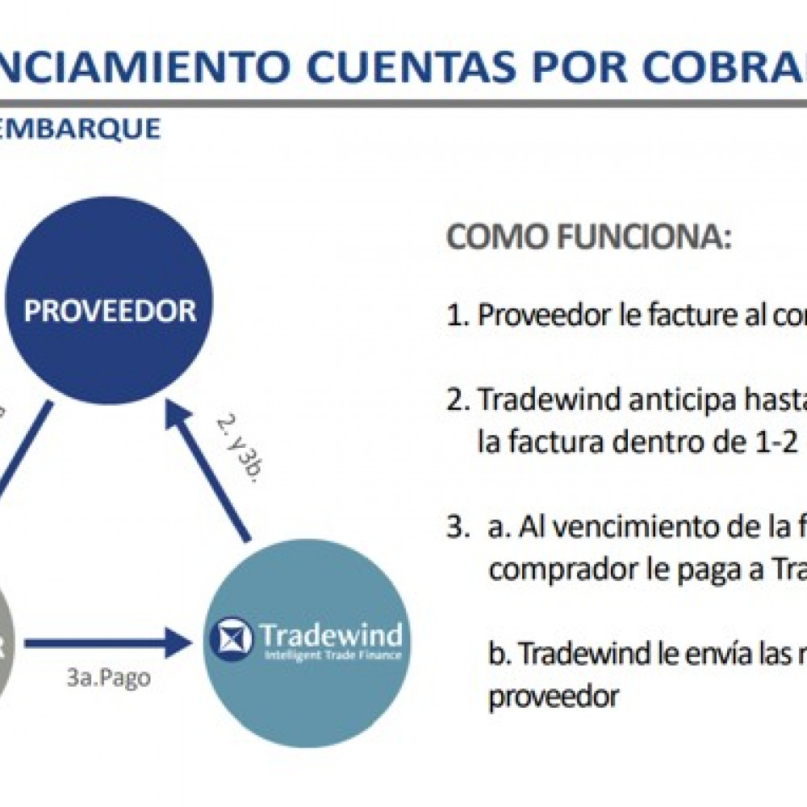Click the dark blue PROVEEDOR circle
click(x=109, y=311)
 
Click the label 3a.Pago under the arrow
click(x=109, y=678)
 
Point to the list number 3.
click(x=457, y=528)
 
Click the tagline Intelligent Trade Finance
click(x=332, y=655)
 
